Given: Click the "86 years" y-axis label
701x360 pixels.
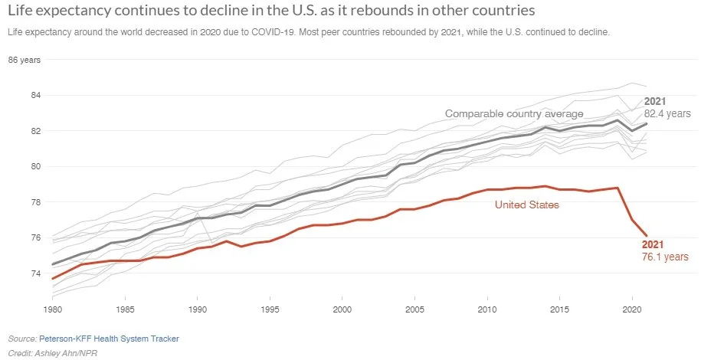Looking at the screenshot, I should pos(25,61).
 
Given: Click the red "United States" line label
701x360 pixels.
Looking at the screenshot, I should pos(526,205).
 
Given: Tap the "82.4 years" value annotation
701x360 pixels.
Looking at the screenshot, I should pos(667,113).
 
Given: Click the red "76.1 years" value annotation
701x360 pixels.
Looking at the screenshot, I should pos(664,257).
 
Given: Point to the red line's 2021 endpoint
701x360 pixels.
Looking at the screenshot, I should pos(647,236).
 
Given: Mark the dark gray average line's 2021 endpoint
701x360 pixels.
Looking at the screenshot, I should pos(647,123).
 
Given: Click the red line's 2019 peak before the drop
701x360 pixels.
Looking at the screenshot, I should pos(617,188).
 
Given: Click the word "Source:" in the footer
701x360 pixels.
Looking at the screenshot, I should pos(21,338).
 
